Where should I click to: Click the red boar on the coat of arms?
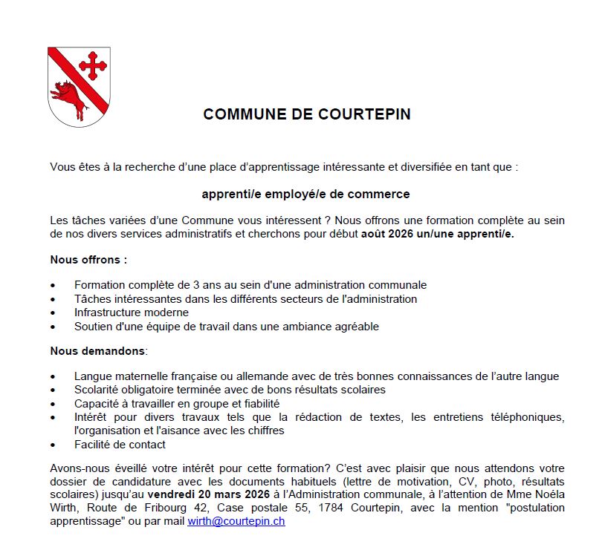click(69, 96)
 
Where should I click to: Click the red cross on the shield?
click(92, 65)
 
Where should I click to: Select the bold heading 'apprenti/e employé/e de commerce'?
click(305, 194)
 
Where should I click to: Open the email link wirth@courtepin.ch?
click(236, 521)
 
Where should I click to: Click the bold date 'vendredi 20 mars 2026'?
click(208, 494)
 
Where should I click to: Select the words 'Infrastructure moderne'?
click(132, 313)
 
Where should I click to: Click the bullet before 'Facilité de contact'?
click(53, 445)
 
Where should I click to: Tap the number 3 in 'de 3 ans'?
click(198, 284)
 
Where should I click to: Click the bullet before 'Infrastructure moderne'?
click(53, 313)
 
